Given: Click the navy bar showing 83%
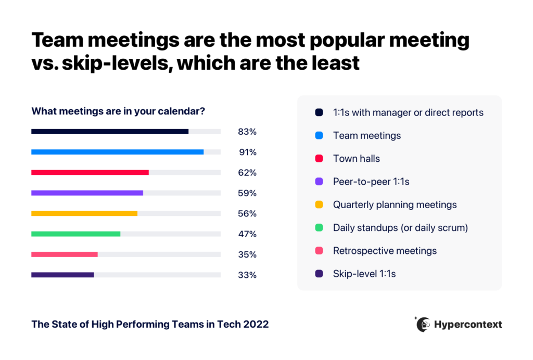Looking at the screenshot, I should (110, 132).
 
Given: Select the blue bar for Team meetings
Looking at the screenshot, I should (117, 152).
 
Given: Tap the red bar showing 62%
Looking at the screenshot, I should (90, 172).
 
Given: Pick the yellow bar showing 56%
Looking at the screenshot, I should (84, 213).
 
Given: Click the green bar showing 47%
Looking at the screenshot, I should (76, 234).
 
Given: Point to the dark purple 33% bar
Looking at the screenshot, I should (62, 275).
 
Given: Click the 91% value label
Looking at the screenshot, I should (247, 152).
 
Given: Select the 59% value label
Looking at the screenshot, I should (247, 193).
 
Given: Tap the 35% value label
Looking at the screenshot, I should (247, 254).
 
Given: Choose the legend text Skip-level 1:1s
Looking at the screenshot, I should (364, 274).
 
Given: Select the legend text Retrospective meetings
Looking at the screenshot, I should (385, 251).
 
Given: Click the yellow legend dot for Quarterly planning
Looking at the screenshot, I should (319, 204).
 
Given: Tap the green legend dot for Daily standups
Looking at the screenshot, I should (319, 228).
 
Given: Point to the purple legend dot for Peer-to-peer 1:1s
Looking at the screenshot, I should (319, 182).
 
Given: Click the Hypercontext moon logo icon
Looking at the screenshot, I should (423, 324).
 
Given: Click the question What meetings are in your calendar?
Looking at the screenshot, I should (118, 111).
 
